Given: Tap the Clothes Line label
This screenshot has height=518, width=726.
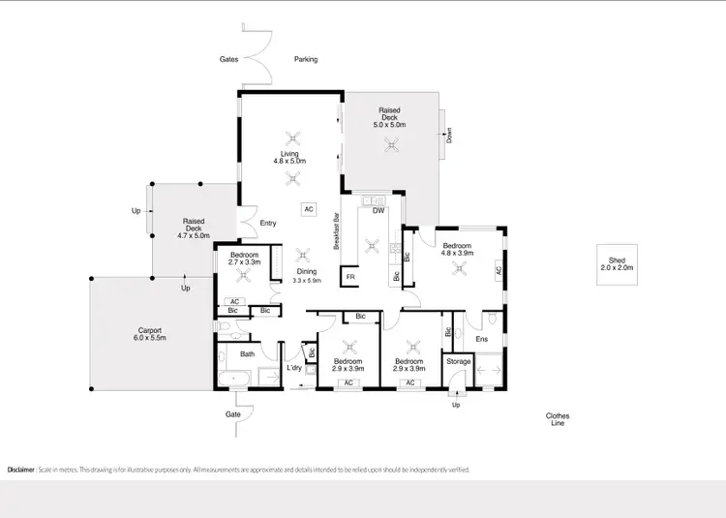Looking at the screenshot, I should pyautogui.click(x=557, y=419).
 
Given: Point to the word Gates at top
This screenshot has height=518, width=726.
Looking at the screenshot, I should pyautogui.click(x=228, y=59).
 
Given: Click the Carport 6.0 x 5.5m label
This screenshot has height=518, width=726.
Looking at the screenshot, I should pyautogui.click(x=151, y=334).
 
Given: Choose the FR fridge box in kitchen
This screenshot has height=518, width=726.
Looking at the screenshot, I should pyautogui.click(x=350, y=278).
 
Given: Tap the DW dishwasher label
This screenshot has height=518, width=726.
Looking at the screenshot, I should pyautogui.click(x=378, y=210).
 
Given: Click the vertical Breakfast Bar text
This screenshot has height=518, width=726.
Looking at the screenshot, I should pyautogui.click(x=336, y=231).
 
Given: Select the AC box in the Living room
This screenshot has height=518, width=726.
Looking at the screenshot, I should pyautogui.click(x=309, y=208).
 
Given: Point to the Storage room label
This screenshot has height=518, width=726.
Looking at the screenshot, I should pyautogui.click(x=458, y=362).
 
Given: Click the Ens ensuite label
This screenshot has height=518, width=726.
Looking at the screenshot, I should pyautogui.click(x=482, y=339).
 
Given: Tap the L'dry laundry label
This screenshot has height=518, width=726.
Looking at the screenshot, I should pyautogui.click(x=294, y=369).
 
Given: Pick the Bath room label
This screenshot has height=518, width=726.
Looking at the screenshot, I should pyautogui.click(x=248, y=354).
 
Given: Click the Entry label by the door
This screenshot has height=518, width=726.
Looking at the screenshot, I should pyautogui.click(x=268, y=224).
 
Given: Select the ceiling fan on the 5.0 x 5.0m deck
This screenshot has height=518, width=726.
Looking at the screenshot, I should pyautogui.click(x=392, y=145).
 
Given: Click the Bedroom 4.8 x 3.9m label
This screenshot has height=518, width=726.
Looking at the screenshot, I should pyautogui.click(x=456, y=251).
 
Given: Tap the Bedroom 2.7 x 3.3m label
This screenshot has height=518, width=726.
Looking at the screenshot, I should pyautogui.click(x=244, y=259).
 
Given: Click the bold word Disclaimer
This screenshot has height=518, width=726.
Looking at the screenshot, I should pyautogui.click(x=20, y=470).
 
